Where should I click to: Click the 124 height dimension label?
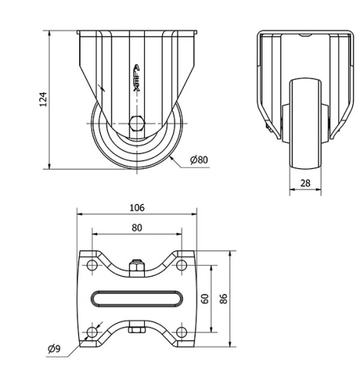click(x=42, y=99)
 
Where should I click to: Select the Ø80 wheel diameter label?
click(x=199, y=159)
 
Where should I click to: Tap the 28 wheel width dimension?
click(x=305, y=183)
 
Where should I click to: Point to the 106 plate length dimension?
click(x=137, y=207)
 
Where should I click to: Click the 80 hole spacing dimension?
click(x=137, y=227)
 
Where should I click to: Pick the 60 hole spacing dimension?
click(x=205, y=298)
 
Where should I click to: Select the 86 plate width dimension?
click(x=224, y=298)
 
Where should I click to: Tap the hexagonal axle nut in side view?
click(x=137, y=122)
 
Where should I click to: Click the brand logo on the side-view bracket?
click(x=137, y=75)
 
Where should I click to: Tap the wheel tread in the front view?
click(x=305, y=126)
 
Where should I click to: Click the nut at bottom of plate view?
click(x=137, y=331)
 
